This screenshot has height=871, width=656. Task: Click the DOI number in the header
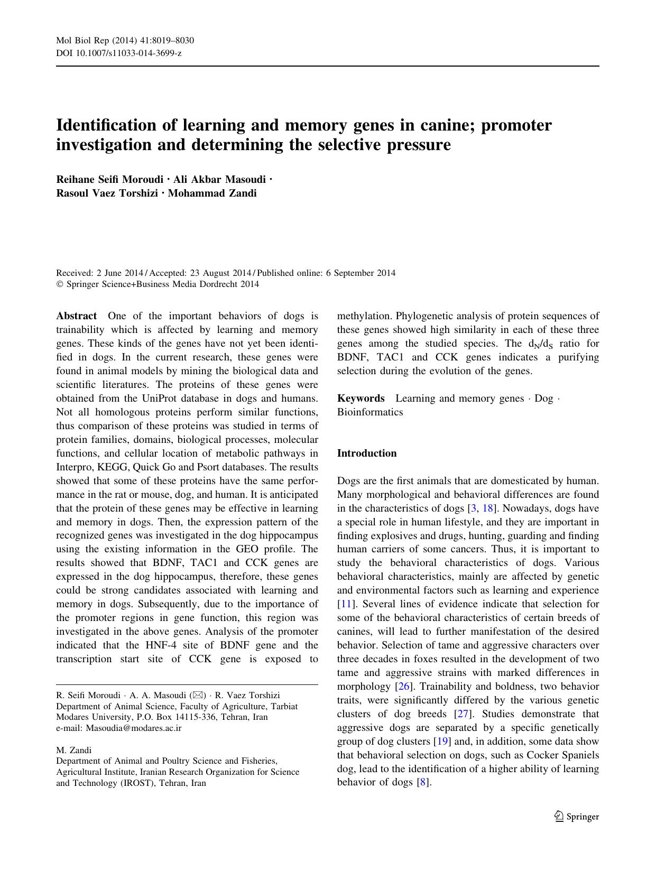118,53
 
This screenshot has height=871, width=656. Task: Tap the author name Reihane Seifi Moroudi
108,179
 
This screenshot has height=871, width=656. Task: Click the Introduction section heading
366,453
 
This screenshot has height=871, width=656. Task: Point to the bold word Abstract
76,316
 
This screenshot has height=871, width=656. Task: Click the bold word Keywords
361,398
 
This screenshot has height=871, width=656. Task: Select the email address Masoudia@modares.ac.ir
134,728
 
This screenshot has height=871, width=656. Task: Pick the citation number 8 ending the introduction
422,783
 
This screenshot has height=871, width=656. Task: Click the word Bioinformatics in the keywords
370,412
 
